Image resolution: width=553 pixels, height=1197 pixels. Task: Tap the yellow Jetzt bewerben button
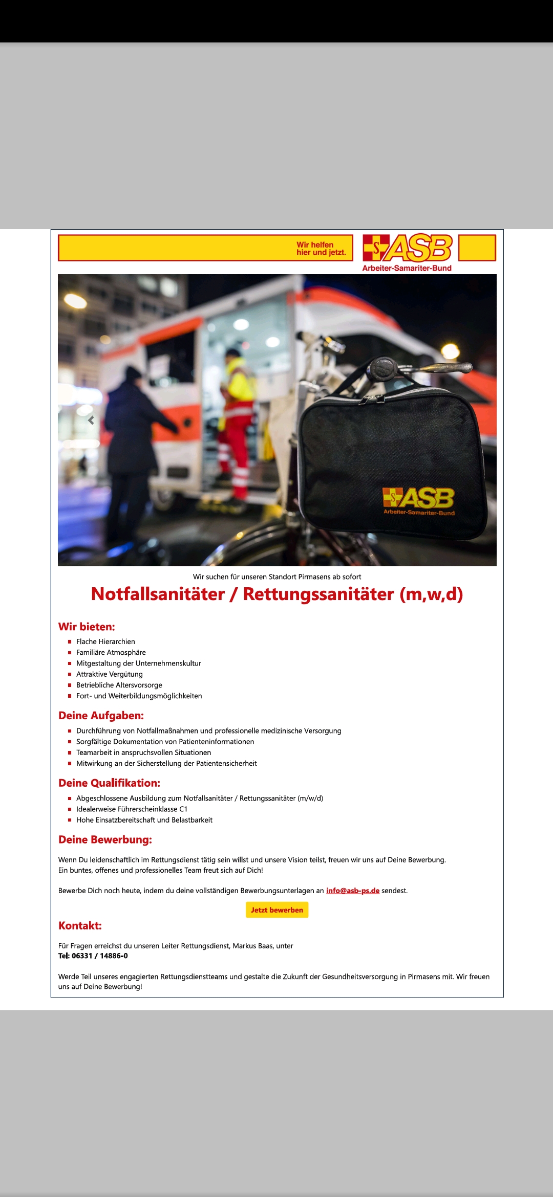click(x=277, y=910)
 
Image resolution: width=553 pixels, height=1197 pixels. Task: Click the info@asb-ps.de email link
click(x=352, y=891)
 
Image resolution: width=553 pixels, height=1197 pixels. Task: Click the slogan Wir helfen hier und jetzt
click(x=321, y=249)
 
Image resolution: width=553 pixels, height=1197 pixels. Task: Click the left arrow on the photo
click(x=91, y=420)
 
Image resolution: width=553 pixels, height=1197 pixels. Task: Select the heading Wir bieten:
click(x=87, y=627)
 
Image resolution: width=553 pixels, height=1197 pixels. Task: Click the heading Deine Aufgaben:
click(x=101, y=716)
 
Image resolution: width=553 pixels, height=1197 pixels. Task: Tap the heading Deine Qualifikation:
click(x=109, y=783)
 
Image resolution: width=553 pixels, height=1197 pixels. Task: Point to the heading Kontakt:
click(x=80, y=925)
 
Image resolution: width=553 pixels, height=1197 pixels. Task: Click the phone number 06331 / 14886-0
click(x=99, y=956)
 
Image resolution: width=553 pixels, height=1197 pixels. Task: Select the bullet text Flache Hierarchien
click(x=105, y=641)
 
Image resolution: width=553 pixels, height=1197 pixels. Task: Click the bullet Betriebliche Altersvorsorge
click(x=119, y=685)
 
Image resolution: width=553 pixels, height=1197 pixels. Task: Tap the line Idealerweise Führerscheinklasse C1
click(x=132, y=809)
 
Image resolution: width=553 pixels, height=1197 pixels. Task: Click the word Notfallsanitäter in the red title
click(x=158, y=594)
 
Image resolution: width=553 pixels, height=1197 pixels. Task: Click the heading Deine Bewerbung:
click(x=105, y=839)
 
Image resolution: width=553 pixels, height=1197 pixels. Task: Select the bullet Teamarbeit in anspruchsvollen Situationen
click(x=143, y=752)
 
